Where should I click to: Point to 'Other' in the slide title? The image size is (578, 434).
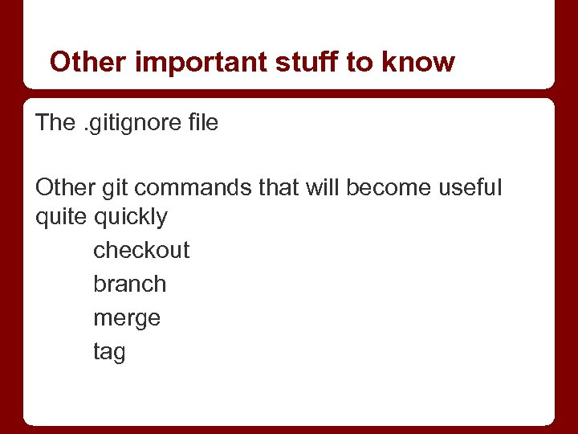tap(88, 62)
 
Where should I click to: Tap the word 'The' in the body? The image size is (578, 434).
tap(55, 123)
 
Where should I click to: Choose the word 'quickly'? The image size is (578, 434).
tap(131, 217)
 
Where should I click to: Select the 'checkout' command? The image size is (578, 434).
tap(141, 250)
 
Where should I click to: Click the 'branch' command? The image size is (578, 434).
tap(130, 284)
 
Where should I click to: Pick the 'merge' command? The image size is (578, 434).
tap(127, 318)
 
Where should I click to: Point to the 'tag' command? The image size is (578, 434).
tap(109, 352)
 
